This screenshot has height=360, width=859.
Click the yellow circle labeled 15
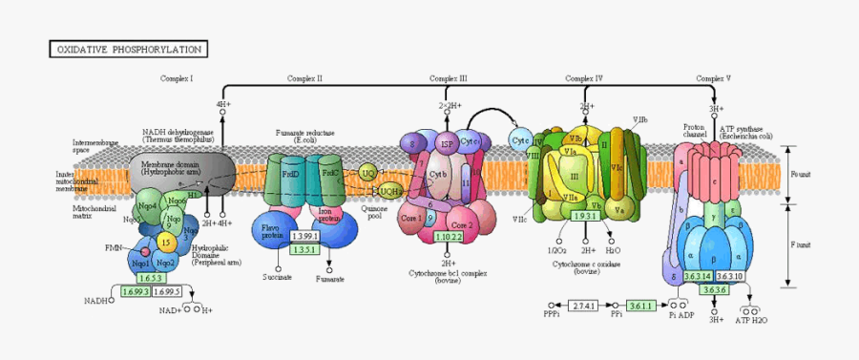[x=165, y=244]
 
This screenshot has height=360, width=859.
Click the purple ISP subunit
[x=446, y=144]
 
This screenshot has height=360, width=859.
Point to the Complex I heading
[x=177, y=77]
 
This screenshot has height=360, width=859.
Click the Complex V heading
[x=713, y=77]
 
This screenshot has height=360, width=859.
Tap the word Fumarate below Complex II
[x=329, y=278]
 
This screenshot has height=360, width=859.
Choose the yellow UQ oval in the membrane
[x=368, y=173]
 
